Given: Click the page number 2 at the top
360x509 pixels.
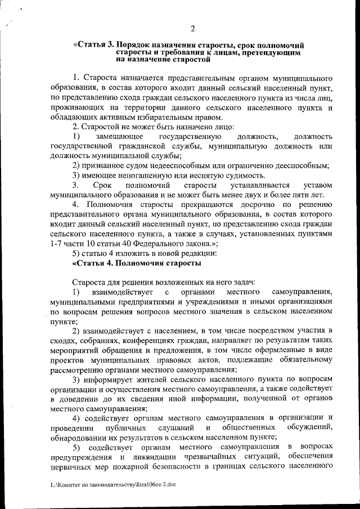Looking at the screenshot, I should (x=192, y=29).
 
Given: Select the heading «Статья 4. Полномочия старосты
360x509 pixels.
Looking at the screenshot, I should (x=137, y=263).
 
